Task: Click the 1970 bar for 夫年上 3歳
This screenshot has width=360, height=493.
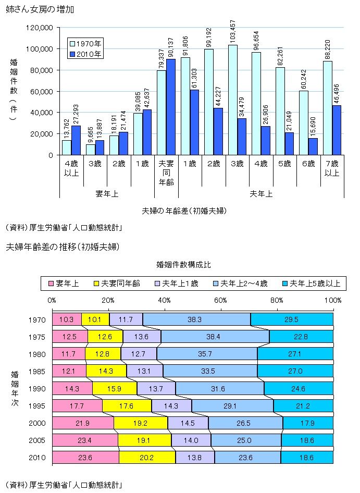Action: (232, 100)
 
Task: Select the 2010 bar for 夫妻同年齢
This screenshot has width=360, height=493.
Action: (170, 107)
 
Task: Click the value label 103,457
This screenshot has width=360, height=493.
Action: (232, 31)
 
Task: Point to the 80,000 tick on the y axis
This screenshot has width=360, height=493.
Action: (44, 70)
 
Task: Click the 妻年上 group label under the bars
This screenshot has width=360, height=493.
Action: (106, 194)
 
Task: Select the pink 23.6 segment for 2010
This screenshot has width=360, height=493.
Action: (85, 457)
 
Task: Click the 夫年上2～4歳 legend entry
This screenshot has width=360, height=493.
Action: (240, 284)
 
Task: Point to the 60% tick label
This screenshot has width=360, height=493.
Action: (220, 300)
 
